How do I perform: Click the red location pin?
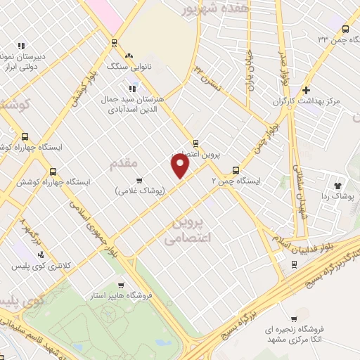181,166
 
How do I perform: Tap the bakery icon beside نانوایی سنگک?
128,56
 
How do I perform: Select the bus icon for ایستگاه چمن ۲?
235,170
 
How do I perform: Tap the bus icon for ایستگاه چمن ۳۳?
345,29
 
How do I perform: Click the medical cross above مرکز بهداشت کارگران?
306,90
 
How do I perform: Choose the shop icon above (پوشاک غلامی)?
139,180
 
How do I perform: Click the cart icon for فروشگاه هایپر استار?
121,285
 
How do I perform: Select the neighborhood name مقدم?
124,164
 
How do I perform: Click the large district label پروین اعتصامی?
187,231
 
